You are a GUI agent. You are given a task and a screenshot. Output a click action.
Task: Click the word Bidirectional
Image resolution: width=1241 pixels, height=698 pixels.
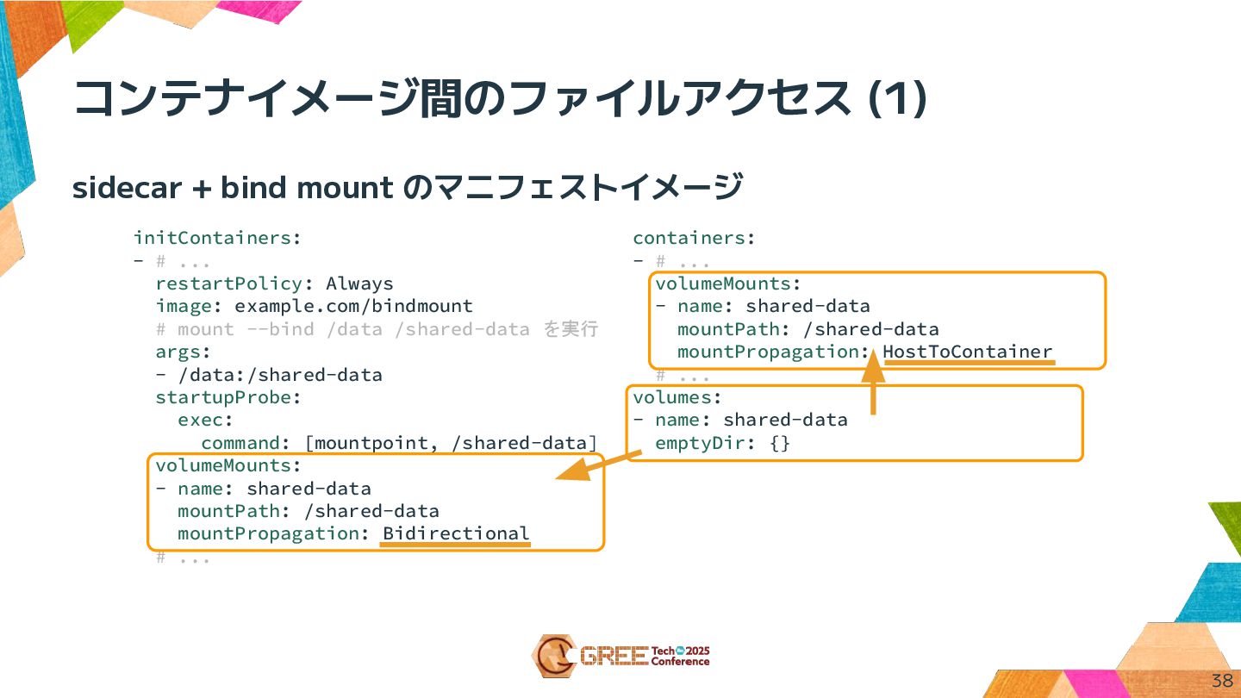456,533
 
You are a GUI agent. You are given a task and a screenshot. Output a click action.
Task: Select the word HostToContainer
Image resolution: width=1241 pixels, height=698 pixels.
967,352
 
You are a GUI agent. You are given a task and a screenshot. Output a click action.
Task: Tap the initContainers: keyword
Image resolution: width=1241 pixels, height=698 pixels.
217,238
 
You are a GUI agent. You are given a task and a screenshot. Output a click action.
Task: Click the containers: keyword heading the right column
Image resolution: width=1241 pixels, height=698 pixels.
694,238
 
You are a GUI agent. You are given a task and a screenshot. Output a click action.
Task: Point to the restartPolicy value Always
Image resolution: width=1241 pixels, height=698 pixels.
359,284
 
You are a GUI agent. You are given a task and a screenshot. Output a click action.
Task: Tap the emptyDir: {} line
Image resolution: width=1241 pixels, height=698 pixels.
722,443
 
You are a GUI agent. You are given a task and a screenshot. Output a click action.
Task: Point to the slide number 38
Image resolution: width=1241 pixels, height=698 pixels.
1222,680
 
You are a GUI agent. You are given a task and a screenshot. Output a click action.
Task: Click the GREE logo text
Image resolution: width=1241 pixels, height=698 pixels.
614,657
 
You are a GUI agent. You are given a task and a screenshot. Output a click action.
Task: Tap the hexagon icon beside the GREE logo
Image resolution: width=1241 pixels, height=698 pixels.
552,656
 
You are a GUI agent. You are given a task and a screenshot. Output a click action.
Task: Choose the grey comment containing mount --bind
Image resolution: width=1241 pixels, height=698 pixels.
377,329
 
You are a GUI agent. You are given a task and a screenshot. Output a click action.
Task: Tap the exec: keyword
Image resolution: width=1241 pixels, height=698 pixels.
205,421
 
